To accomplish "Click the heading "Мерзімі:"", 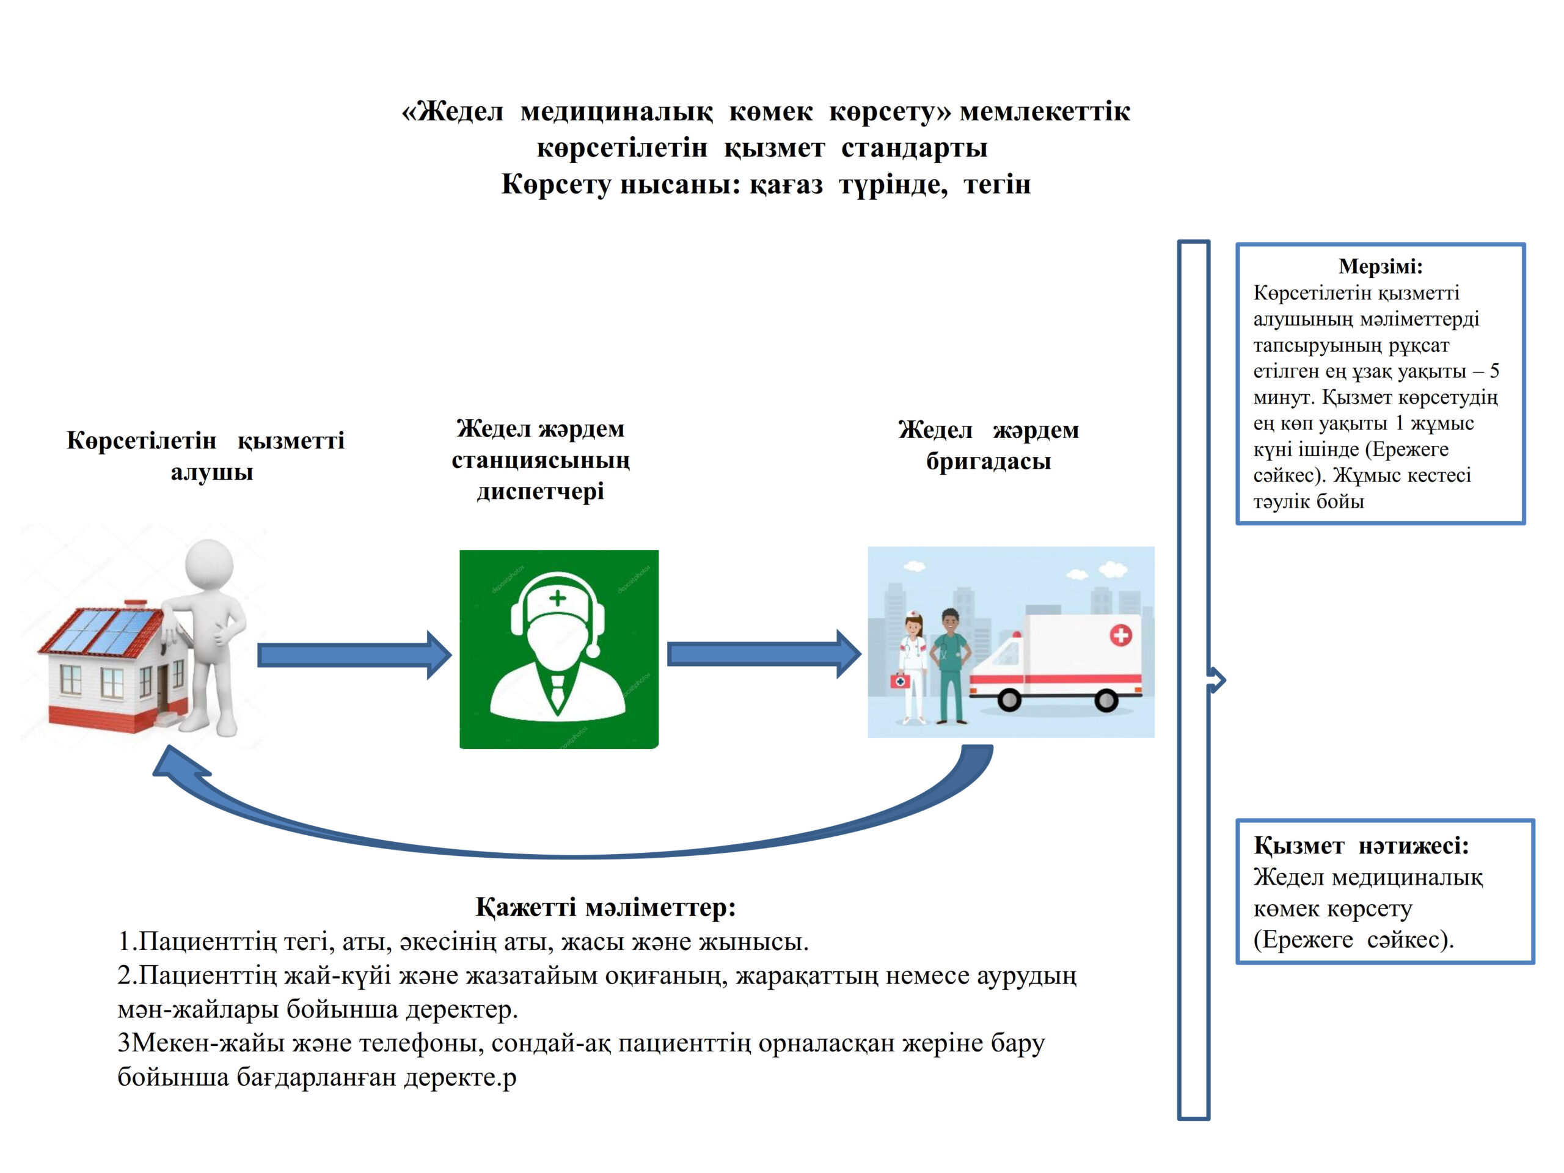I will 1379,266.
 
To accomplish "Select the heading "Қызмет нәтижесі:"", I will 1361,845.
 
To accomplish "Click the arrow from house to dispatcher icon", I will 354,656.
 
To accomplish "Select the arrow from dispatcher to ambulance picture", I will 764,655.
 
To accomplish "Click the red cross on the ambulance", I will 1120,634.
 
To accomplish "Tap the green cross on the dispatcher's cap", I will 558,598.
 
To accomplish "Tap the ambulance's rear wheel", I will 1106,700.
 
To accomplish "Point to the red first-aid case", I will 900,682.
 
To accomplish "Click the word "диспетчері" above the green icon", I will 540,491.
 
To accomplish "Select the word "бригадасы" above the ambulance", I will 988,461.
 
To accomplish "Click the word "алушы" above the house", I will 211,472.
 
